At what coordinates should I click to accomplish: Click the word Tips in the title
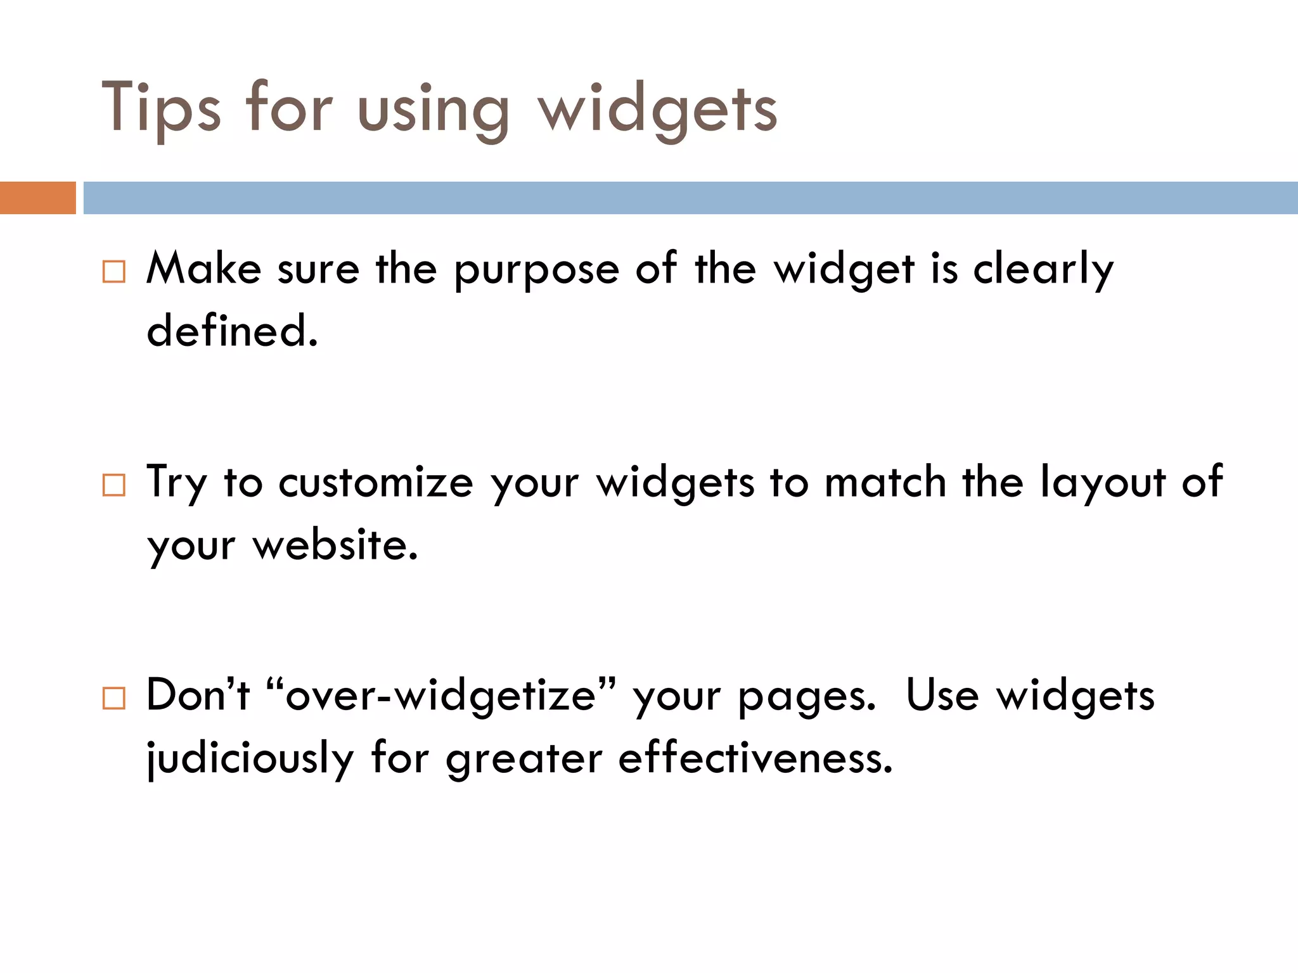[161, 108]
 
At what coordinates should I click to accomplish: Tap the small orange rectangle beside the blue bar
[37, 198]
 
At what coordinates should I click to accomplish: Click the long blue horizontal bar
[690, 198]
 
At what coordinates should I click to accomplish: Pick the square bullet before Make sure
[114, 272]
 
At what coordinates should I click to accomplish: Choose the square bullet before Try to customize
[114, 485]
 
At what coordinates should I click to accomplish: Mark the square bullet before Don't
[114, 698]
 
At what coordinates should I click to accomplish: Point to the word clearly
[1043, 270]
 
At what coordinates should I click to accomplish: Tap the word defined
[232, 331]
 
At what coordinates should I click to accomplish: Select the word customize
[375, 483]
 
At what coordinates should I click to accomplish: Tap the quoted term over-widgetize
[441, 696]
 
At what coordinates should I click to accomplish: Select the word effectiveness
[755, 758]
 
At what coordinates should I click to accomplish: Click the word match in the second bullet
[885, 483]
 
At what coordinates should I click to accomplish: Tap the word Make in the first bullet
[203, 269]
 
